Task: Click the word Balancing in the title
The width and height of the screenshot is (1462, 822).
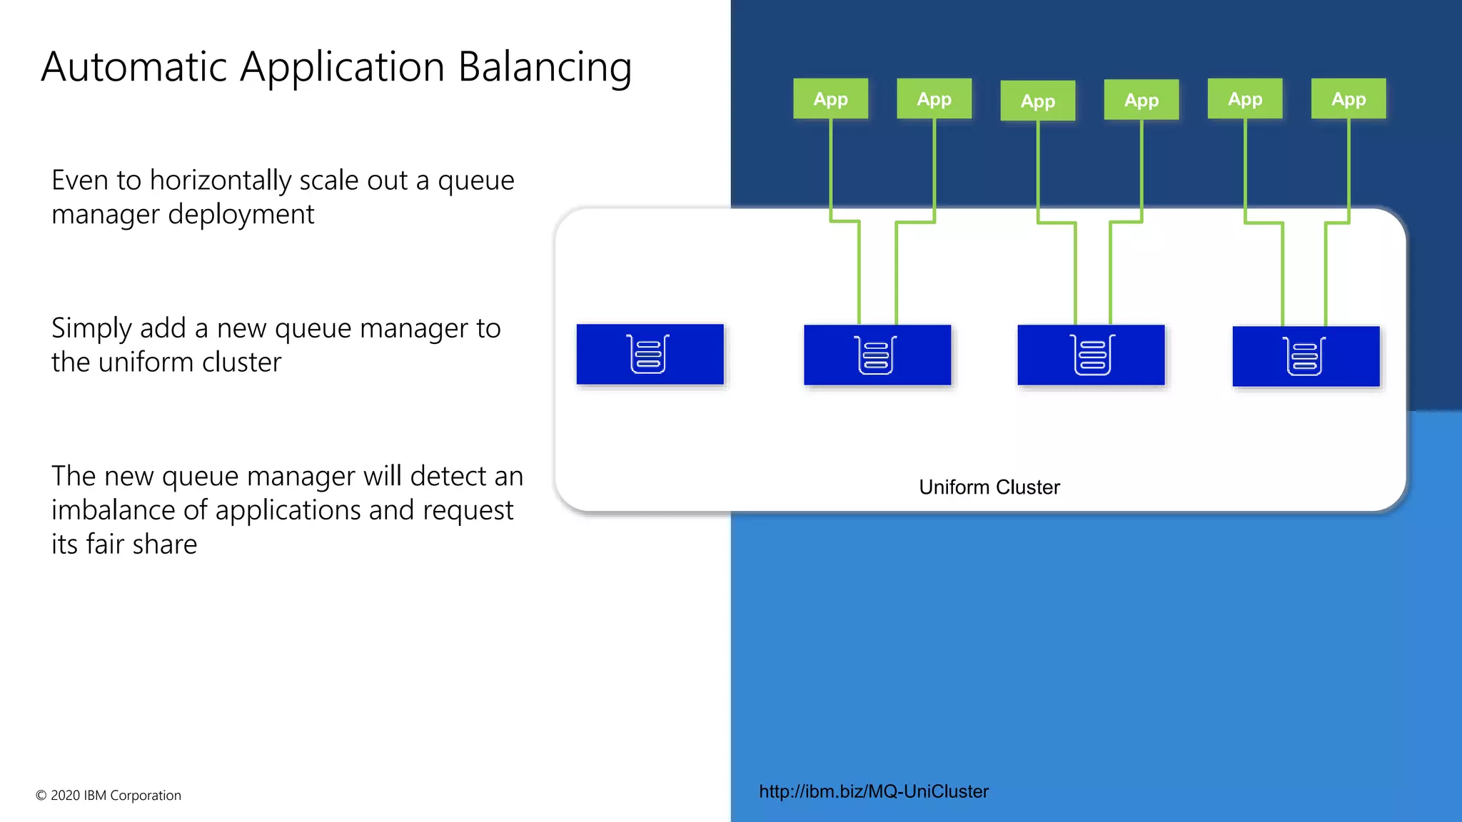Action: tap(544, 68)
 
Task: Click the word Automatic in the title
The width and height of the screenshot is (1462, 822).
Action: tap(134, 68)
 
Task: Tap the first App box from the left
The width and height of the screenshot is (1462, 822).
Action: tap(830, 99)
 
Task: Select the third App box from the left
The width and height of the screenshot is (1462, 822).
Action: tap(1037, 101)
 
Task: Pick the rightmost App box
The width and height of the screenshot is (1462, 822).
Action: tap(1348, 99)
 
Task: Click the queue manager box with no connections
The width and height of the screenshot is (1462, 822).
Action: tap(650, 355)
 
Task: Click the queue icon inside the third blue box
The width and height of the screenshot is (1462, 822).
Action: tap(1092, 355)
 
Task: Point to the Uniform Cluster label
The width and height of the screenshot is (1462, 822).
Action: tap(989, 487)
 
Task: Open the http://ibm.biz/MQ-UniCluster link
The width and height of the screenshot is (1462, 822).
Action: tap(873, 791)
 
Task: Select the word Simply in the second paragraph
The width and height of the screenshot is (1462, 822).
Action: tap(91, 329)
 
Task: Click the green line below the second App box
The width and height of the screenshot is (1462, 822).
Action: tap(934, 164)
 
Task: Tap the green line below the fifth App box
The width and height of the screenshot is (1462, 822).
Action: tap(1245, 164)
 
